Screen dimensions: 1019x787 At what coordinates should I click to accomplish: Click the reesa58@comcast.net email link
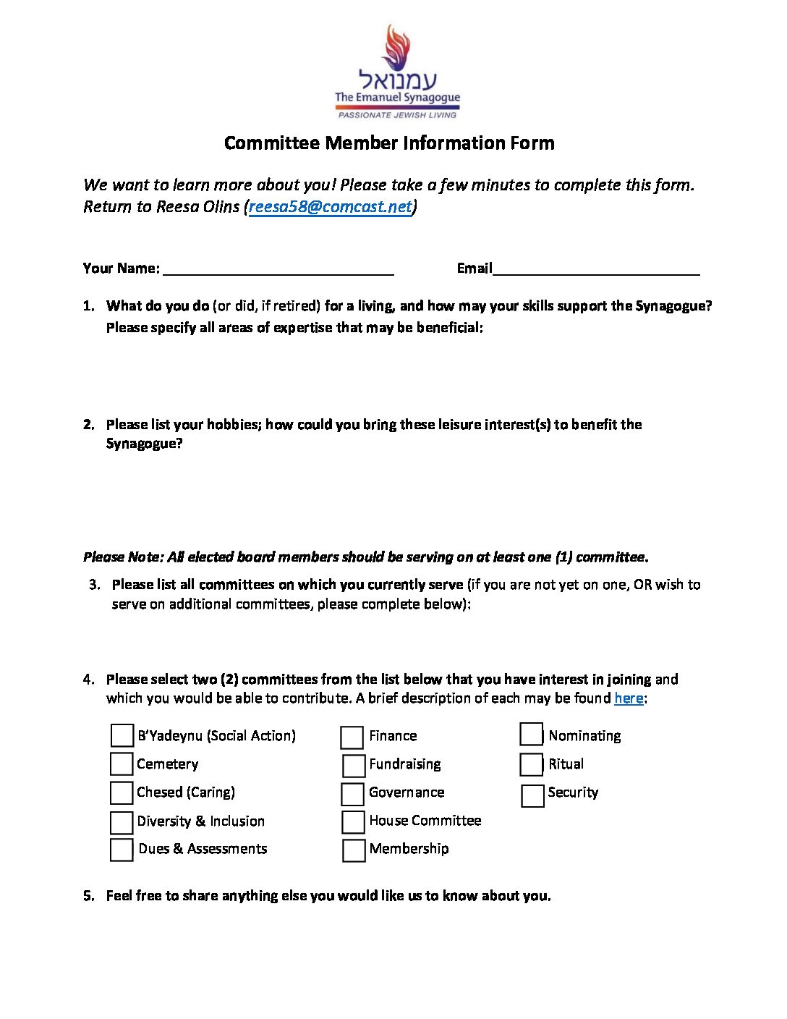click(330, 207)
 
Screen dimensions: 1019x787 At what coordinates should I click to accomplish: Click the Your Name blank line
click(278, 269)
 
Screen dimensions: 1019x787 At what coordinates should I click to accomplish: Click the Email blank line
click(596, 269)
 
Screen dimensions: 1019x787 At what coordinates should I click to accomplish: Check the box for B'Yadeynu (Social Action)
click(122, 735)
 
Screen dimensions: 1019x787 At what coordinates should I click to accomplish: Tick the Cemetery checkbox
click(122, 764)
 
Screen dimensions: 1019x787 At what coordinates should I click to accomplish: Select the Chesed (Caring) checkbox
click(122, 792)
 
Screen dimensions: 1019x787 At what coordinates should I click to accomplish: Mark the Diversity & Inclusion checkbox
click(122, 822)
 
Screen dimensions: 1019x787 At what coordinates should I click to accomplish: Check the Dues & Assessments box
click(122, 850)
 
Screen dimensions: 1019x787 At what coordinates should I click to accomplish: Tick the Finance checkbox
click(352, 737)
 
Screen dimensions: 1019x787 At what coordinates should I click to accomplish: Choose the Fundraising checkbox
click(354, 766)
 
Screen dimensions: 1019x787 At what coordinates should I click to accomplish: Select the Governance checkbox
click(352, 794)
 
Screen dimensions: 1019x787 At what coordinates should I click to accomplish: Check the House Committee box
click(353, 822)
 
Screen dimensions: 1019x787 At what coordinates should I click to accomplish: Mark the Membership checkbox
click(354, 850)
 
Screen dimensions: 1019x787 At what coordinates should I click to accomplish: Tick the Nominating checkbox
click(531, 734)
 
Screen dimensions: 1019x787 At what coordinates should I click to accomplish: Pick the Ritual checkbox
click(531, 764)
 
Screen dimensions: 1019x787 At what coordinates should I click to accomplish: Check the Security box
click(532, 795)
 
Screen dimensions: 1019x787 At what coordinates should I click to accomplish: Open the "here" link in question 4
click(629, 698)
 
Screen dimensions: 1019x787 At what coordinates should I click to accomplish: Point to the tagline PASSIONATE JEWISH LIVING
click(398, 115)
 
